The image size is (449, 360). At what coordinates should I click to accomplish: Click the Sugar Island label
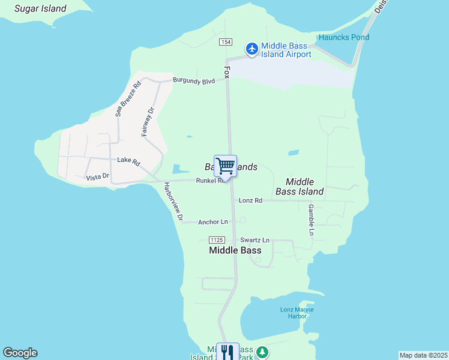(x=40, y=9)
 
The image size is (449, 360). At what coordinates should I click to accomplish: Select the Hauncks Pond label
(x=344, y=37)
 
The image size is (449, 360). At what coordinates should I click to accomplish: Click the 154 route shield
(x=226, y=42)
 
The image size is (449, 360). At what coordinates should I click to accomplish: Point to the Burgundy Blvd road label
(x=193, y=80)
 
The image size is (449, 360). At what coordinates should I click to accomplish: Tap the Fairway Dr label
(x=148, y=121)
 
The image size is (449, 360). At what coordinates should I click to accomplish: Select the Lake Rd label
(x=128, y=160)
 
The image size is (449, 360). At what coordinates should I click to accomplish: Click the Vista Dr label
(x=97, y=177)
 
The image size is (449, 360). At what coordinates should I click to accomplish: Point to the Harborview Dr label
(x=172, y=200)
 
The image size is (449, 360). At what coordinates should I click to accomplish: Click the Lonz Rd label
(x=250, y=200)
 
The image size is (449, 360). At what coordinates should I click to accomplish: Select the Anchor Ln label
(x=213, y=222)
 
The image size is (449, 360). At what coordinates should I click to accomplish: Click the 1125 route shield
(x=217, y=239)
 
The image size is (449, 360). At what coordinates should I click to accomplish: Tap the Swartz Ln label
(x=255, y=240)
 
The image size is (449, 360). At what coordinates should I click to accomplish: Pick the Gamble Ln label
(x=311, y=219)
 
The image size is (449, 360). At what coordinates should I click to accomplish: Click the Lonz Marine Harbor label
(x=297, y=313)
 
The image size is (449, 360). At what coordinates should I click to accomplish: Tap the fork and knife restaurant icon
(x=227, y=352)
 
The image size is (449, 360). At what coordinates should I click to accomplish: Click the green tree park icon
(x=262, y=352)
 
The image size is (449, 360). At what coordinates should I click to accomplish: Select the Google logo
(x=20, y=353)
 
